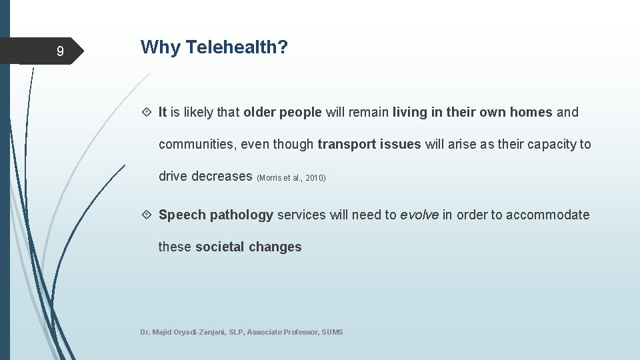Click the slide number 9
click(x=60, y=51)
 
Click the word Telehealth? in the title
click(x=237, y=47)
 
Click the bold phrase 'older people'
click(x=283, y=113)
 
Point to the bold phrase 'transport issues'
click(x=369, y=145)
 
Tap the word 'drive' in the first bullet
click(x=173, y=177)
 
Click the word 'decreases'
click(x=222, y=177)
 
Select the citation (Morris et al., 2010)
click(x=291, y=179)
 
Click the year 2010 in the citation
click(x=314, y=179)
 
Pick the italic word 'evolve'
click(x=419, y=215)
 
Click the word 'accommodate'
click(x=548, y=215)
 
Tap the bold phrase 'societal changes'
click(x=248, y=247)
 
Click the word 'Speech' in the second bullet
click(x=182, y=215)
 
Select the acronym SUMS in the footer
click(x=332, y=332)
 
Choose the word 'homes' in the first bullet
click(x=531, y=113)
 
